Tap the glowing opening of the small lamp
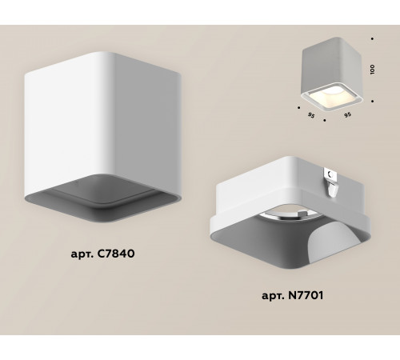click(x=329, y=96)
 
